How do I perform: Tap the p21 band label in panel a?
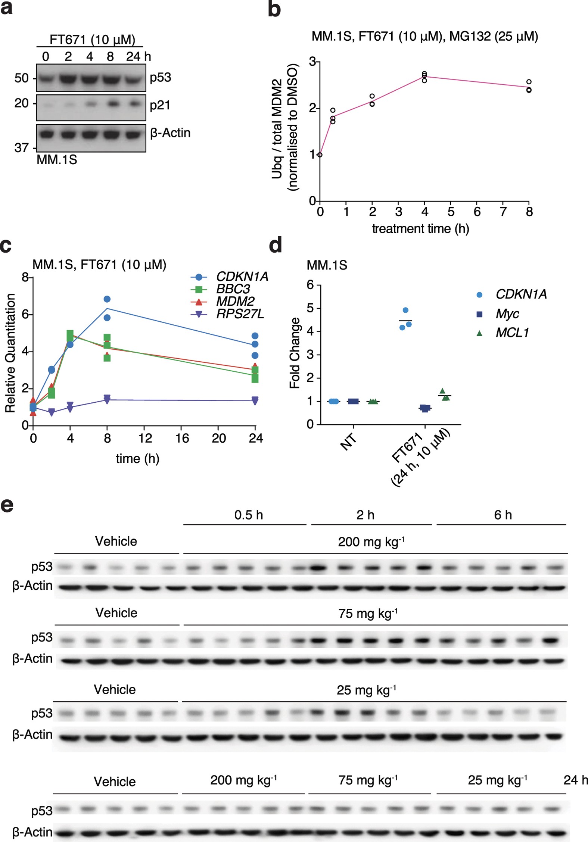(160, 105)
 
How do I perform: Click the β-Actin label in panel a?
(170, 133)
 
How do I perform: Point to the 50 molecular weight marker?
(22, 78)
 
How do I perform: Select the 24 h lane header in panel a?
(138, 56)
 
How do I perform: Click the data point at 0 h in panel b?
(320, 155)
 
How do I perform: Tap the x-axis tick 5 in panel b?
(451, 212)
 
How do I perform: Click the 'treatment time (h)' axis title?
(420, 228)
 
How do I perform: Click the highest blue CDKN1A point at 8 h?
(107, 299)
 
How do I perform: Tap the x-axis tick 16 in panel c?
(182, 438)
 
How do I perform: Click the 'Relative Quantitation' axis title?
(10, 353)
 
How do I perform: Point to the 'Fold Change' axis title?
(295, 353)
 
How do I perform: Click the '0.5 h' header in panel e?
(249, 515)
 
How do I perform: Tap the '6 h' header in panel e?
(503, 515)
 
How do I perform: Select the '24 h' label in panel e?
(575, 780)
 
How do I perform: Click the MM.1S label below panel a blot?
(57, 160)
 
